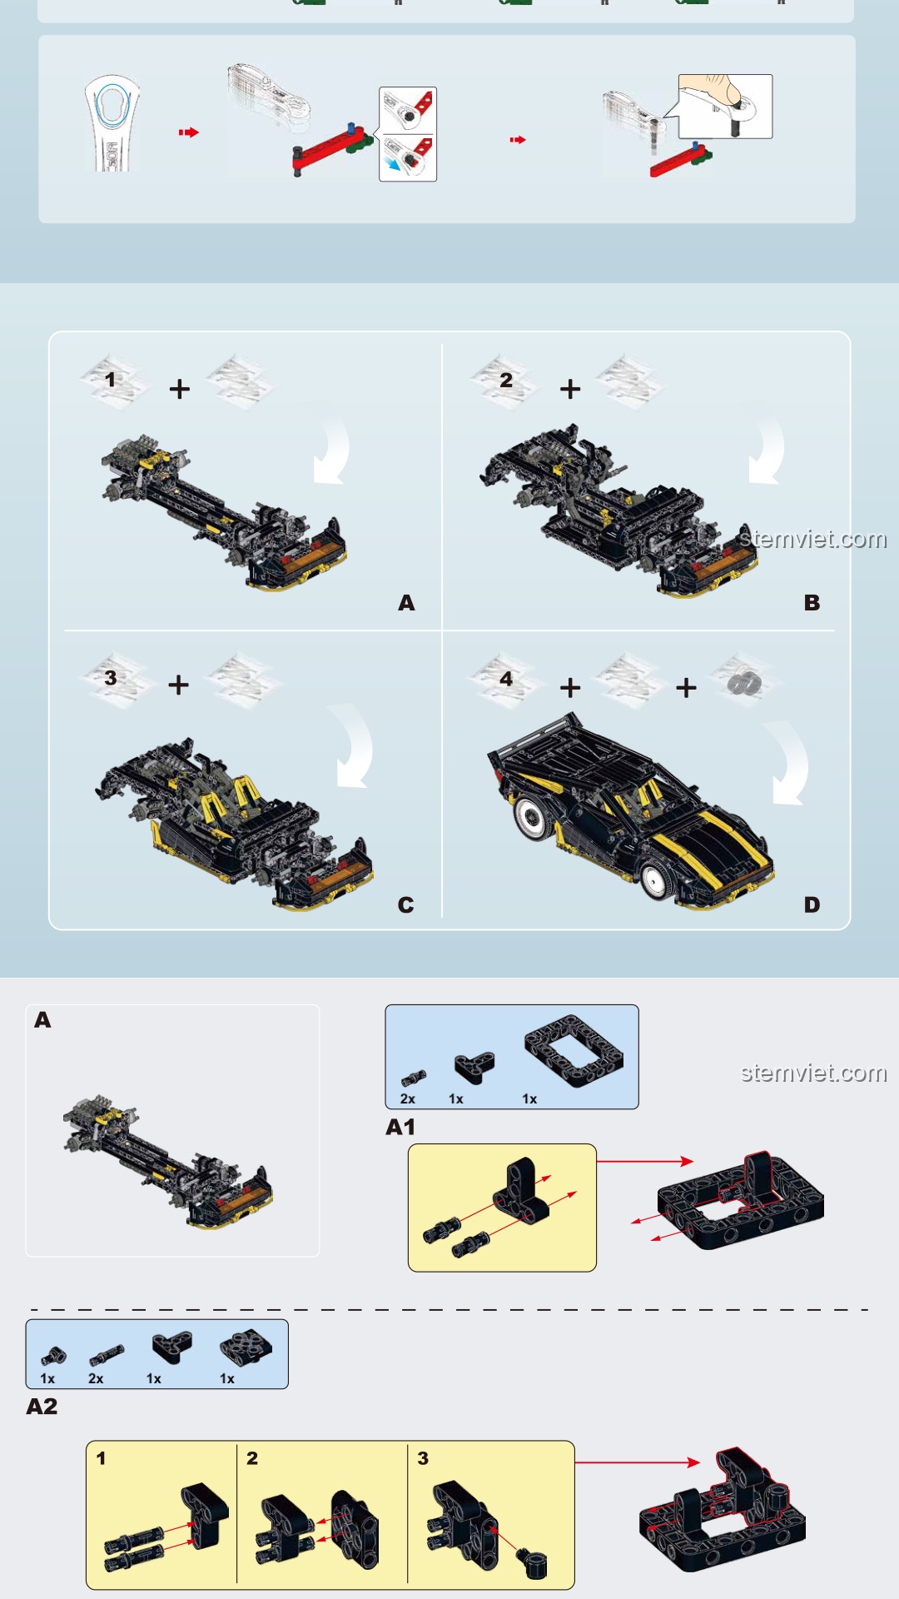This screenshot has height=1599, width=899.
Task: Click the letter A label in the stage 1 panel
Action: (x=406, y=603)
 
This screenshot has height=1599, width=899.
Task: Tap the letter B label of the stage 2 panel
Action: (x=812, y=603)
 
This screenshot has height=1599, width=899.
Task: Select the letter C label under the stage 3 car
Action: (x=406, y=905)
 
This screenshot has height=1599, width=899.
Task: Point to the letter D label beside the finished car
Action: (x=812, y=905)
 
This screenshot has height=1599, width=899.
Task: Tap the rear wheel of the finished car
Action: (x=530, y=817)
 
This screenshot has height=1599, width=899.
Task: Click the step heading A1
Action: (x=400, y=1128)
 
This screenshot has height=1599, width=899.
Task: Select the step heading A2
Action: (x=42, y=1407)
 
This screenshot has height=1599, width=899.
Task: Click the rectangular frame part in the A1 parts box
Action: (x=574, y=1051)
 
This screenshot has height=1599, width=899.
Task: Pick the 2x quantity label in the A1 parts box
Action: (x=408, y=1099)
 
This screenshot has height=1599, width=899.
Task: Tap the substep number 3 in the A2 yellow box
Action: (x=423, y=1458)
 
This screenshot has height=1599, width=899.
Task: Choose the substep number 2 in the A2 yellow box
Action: (x=252, y=1458)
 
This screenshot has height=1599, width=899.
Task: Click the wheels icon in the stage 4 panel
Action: (x=744, y=684)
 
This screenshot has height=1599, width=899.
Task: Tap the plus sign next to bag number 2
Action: (x=570, y=389)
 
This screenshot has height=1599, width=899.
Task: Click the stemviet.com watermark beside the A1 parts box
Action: (x=814, y=1073)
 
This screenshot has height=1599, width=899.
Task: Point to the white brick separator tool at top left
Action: (x=112, y=124)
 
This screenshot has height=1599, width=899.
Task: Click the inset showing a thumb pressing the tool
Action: (x=725, y=107)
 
